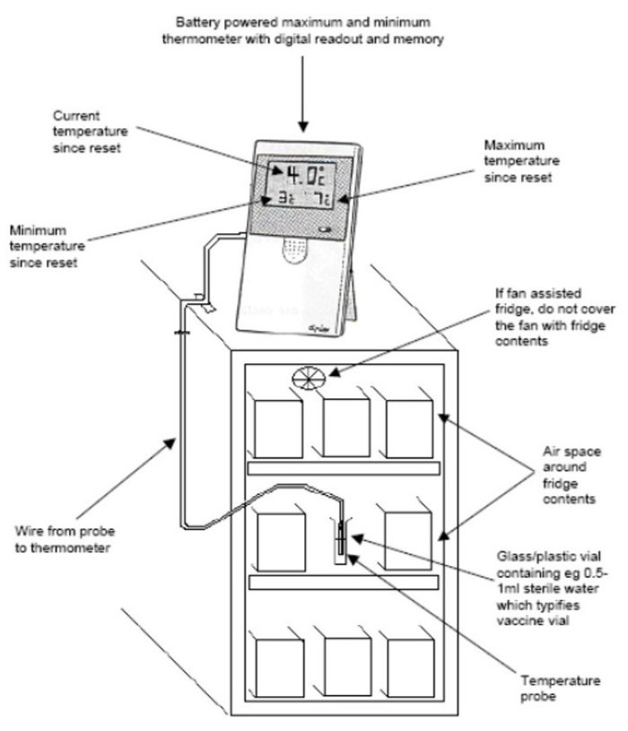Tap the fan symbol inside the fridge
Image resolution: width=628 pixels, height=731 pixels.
pyautogui.click(x=309, y=379)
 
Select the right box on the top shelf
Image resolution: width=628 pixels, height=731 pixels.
pyautogui.click(x=409, y=422)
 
